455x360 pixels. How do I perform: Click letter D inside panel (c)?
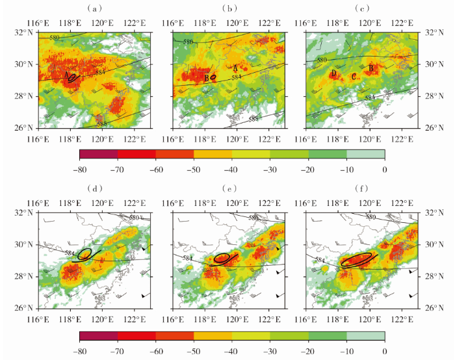[x=333, y=74]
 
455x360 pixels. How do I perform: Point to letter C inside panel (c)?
[x=354, y=77]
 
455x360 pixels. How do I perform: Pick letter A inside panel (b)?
[x=235, y=68]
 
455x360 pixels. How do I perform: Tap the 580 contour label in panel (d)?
[x=135, y=217]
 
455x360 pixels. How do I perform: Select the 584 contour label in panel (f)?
[x=320, y=260]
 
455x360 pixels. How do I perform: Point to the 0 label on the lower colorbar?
[x=385, y=350]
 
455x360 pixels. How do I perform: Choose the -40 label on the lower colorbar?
[x=232, y=350]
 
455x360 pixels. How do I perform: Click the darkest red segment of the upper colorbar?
[x=98, y=154]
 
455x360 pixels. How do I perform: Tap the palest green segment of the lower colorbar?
[x=365, y=335]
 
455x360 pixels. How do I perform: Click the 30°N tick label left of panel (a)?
[x=24, y=64]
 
